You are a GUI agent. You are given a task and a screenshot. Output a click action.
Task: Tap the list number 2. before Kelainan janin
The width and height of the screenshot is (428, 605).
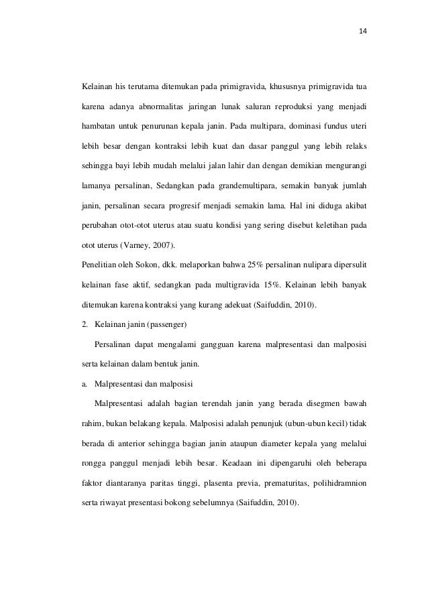pyautogui.click(x=85, y=324)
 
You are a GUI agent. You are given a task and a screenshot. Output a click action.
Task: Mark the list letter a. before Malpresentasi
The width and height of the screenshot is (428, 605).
pyautogui.click(x=85, y=384)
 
